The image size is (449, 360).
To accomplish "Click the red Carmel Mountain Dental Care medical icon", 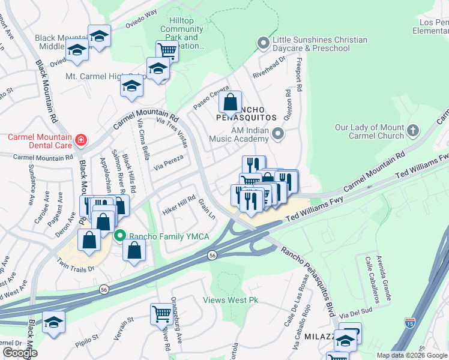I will tap(80, 141).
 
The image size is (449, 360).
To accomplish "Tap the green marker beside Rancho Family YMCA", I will tap(119, 236).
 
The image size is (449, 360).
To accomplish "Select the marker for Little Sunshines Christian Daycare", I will tap(262, 43).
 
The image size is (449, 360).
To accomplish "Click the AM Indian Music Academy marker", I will tap(277, 133).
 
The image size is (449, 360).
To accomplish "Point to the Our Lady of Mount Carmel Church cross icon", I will tap(413, 130).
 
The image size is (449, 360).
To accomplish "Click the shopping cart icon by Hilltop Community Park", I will tap(167, 50).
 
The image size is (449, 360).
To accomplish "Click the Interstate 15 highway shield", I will tap(410, 323).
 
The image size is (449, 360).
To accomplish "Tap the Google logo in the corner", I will tap(20, 352).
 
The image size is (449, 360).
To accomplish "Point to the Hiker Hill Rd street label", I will tap(179, 205).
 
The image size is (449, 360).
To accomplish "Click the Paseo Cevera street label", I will tap(211, 98).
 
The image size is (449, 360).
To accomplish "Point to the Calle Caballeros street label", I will tap(375, 279).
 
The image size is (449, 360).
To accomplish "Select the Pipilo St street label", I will tap(87, 340).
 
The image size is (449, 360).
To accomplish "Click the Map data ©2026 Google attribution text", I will tap(411, 355).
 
